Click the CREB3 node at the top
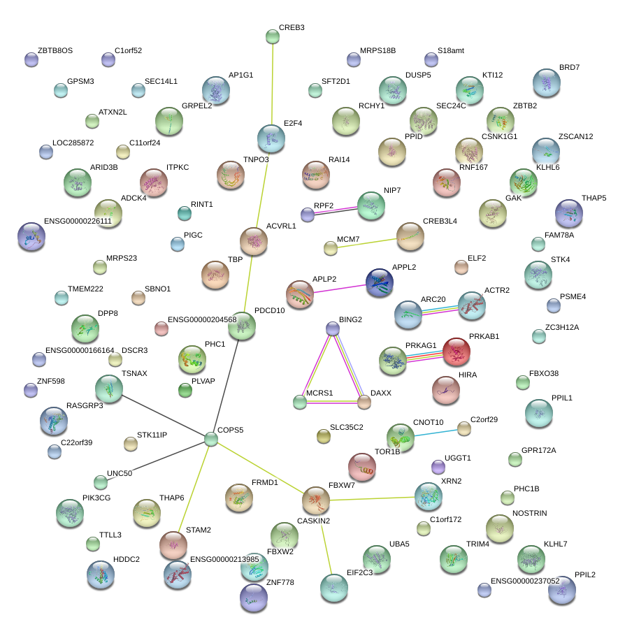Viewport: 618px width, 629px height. click(273, 36)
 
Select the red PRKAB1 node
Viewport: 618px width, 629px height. click(457, 352)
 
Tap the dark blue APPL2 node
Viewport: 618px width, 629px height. click(380, 282)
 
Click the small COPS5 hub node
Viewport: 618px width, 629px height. click(212, 439)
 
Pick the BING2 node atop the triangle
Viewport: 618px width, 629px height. click(333, 328)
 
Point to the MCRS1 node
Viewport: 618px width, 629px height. click(300, 402)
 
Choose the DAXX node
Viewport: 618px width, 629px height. click(364, 402)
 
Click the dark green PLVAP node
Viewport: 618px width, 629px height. click(185, 390)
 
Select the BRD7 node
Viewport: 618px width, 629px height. click(546, 82)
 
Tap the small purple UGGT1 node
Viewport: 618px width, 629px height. click(438, 466)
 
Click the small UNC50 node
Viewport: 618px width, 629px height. click(101, 482)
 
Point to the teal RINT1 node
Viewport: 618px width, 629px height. click(184, 213)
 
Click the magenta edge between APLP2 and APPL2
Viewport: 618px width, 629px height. click(339, 288)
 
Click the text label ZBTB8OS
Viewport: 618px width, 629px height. click(55, 51)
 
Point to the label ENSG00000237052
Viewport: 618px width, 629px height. click(525, 581)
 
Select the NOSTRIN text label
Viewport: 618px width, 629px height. click(530, 514)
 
